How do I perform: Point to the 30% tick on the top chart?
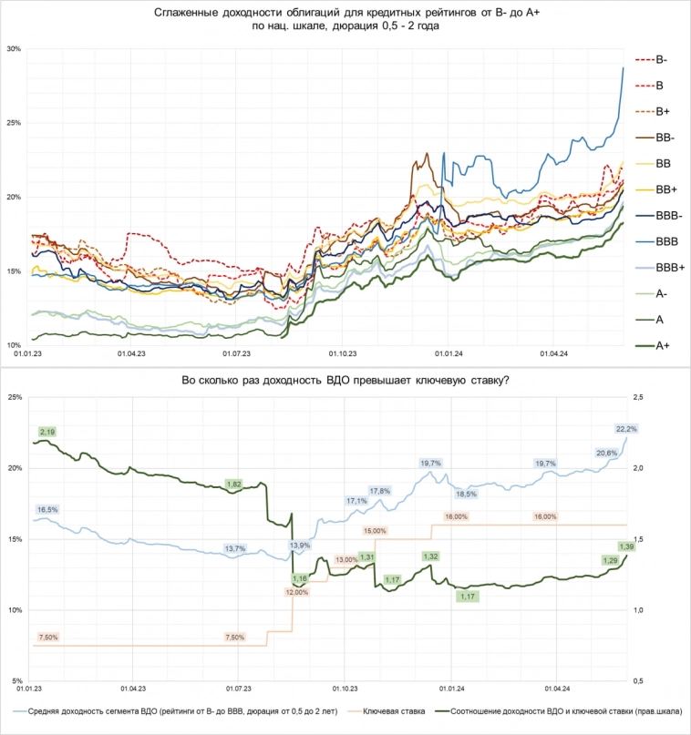tap(13, 48)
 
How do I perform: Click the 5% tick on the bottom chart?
tap(15, 680)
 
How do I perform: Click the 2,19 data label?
tap(47, 431)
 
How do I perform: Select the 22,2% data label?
tap(625, 428)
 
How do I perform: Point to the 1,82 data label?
tap(233, 484)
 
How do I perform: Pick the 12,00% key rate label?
tap(297, 592)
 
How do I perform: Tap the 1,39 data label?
tap(626, 546)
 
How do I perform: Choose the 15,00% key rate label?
tap(376, 530)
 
